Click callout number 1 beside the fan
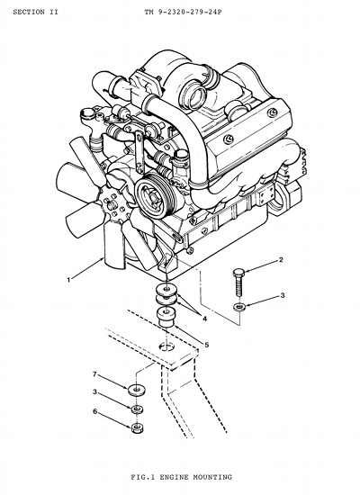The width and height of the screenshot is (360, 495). (x=68, y=280)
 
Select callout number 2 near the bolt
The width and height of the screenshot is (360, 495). (x=281, y=260)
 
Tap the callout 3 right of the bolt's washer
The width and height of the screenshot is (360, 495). (x=283, y=295)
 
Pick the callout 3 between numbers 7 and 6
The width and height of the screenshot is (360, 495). (x=94, y=392)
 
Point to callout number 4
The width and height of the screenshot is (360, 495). (x=204, y=319)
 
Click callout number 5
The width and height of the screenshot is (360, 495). (x=206, y=345)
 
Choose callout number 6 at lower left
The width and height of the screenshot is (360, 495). (x=94, y=411)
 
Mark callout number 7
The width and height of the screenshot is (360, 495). (x=94, y=374)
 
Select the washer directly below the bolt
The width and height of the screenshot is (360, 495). (x=239, y=306)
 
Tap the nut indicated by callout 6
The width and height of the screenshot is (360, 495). (x=137, y=427)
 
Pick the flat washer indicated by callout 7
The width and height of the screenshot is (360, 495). (x=137, y=389)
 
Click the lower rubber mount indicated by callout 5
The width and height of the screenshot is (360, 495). (x=167, y=318)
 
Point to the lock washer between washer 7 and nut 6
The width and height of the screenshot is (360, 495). (x=137, y=409)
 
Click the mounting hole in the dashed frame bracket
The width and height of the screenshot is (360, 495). (x=167, y=346)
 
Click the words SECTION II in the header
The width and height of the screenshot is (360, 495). (x=36, y=12)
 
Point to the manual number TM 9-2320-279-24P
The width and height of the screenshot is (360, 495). (x=184, y=12)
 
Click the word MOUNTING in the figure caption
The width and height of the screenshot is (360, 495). (x=212, y=477)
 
